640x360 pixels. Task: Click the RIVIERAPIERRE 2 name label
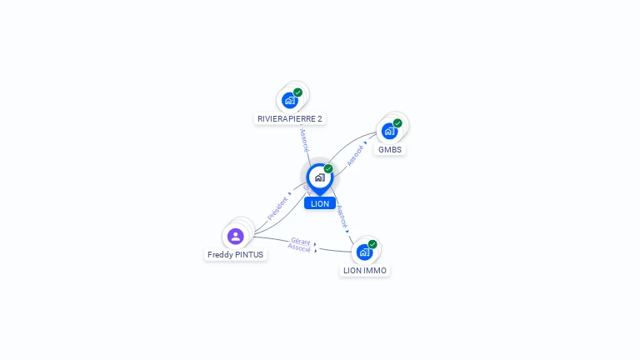click(290, 119)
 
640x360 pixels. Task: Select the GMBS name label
click(390, 150)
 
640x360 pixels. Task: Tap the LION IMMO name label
click(365, 271)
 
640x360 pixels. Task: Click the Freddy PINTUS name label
click(236, 255)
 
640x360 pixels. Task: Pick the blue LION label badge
click(320, 203)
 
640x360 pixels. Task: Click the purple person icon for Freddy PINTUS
click(236, 237)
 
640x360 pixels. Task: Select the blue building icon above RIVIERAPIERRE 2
click(290, 100)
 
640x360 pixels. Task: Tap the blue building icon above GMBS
click(389, 131)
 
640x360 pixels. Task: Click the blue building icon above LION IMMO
click(364, 252)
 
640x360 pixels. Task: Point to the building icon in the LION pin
click(320, 177)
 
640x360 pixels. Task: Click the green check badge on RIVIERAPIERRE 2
click(298, 92)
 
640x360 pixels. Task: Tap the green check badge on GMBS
click(397, 123)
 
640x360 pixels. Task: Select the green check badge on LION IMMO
click(372, 244)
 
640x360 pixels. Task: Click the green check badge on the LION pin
click(328, 169)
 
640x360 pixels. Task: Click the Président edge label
click(277, 208)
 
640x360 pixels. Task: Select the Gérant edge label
click(301, 242)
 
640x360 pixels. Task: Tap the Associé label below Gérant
click(299, 247)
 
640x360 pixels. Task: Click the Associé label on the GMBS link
click(355, 156)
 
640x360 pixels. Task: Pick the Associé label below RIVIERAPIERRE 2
click(304, 140)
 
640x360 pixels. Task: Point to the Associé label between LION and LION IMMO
click(342, 217)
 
